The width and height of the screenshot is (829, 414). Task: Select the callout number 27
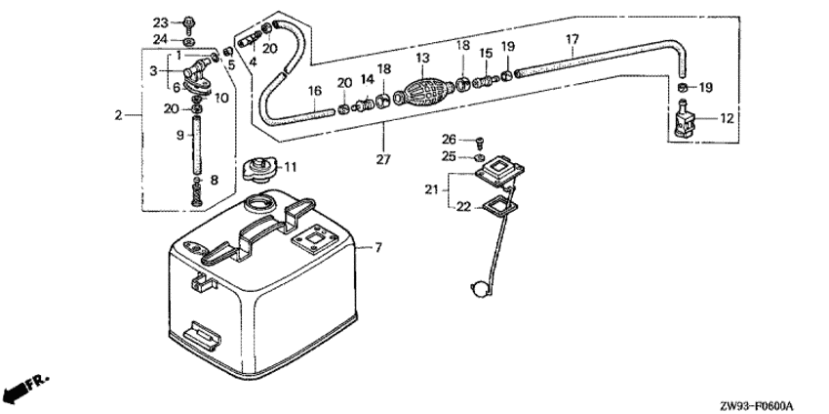[x=383, y=159]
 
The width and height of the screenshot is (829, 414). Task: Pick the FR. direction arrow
[x=25, y=389]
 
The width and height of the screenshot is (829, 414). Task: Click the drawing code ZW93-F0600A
[x=757, y=406]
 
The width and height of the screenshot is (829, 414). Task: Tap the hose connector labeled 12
[x=687, y=119]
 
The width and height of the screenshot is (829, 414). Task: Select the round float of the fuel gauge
[x=480, y=289]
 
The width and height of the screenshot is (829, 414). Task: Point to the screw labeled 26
[x=480, y=142]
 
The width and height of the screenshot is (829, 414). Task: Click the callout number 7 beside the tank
[x=378, y=247]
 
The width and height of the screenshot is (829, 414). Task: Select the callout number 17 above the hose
[x=572, y=39]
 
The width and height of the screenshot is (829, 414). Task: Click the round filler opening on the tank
[x=259, y=203]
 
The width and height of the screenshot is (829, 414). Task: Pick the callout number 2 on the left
[x=118, y=115]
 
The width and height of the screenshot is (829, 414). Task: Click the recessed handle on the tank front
[x=201, y=335]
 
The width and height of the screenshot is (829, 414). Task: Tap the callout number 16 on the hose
[x=315, y=91]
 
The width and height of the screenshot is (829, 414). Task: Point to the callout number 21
[x=432, y=188]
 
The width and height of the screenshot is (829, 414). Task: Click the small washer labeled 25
[x=480, y=158]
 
